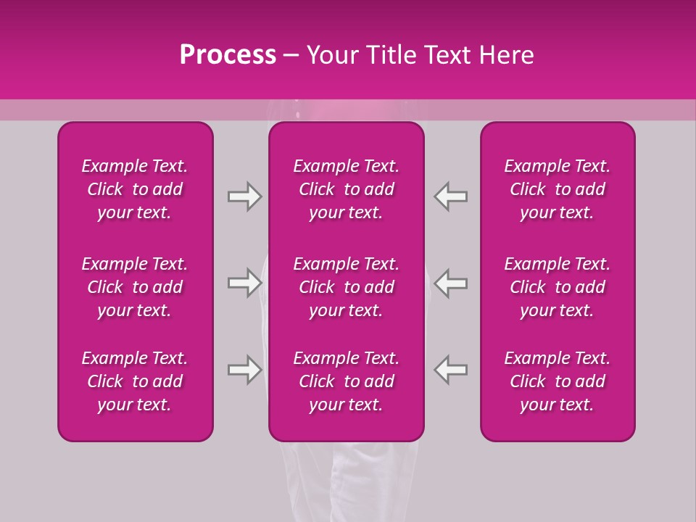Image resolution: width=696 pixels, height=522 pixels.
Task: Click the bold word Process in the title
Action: pyautogui.click(x=228, y=55)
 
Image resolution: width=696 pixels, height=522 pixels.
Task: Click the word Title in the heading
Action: pyautogui.click(x=391, y=55)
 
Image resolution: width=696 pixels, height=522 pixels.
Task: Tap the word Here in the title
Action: pyautogui.click(x=508, y=55)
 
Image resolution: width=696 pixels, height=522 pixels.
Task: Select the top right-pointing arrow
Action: pyautogui.click(x=244, y=197)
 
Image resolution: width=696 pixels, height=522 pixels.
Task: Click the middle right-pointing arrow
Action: pyautogui.click(x=244, y=283)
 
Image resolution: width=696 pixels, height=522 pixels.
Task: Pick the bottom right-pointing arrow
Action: pyautogui.click(x=244, y=370)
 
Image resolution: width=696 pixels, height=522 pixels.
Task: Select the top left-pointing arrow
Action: pyautogui.click(x=451, y=197)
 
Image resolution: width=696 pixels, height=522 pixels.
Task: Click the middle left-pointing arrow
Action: pyautogui.click(x=451, y=283)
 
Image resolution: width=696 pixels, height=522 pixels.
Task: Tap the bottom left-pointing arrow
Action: pyautogui.click(x=451, y=370)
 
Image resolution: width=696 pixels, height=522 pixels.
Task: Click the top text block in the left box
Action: pyautogui.click(x=135, y=189)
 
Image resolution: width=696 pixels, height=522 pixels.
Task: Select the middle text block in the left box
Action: pyautogui.click(x=135, y=287)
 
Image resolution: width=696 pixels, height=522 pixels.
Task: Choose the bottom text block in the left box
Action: pyautogui.click(x=135, y=381)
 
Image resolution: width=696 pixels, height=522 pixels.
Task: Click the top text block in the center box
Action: pyautogui.click(x=346, y=189)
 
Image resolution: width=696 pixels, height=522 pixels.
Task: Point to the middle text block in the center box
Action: pyautogui.click(x=346, y=287)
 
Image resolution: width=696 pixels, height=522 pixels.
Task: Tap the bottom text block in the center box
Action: pyautogui.click(x=346, y=381)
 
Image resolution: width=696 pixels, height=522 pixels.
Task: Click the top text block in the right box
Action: pyautogui.click(x=557, y=189)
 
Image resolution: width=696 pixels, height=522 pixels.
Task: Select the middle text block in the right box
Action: pyautogui.click(x=557, y=287)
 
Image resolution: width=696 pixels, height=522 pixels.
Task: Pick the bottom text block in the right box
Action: pyautogui.click(x=557, y=381)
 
